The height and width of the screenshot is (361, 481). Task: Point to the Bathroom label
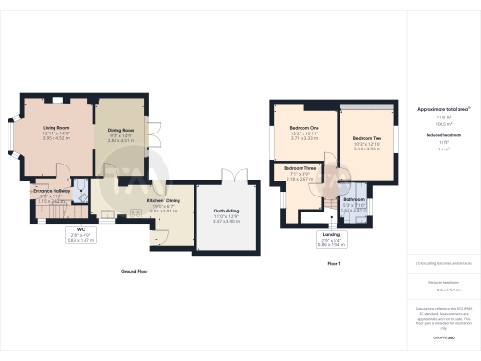(x=354, y=200)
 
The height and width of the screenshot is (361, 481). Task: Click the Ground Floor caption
(x=136, y=271)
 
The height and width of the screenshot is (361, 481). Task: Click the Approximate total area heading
(x=437, y=109)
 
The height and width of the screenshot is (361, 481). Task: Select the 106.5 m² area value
(x=437, y=122)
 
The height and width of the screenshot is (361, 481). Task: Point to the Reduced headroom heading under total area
(x=437, y=135)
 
